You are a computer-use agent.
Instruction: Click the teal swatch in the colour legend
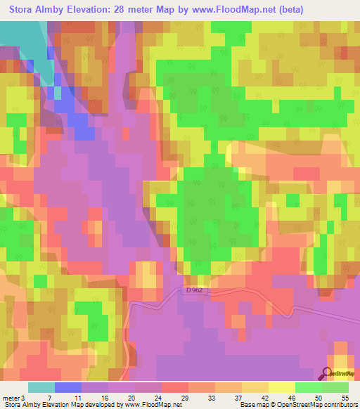(x=41, y=387)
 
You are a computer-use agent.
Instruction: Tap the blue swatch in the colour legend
(x=68, y=387)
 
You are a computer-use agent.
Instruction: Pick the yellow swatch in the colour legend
(x=281, y=387)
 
